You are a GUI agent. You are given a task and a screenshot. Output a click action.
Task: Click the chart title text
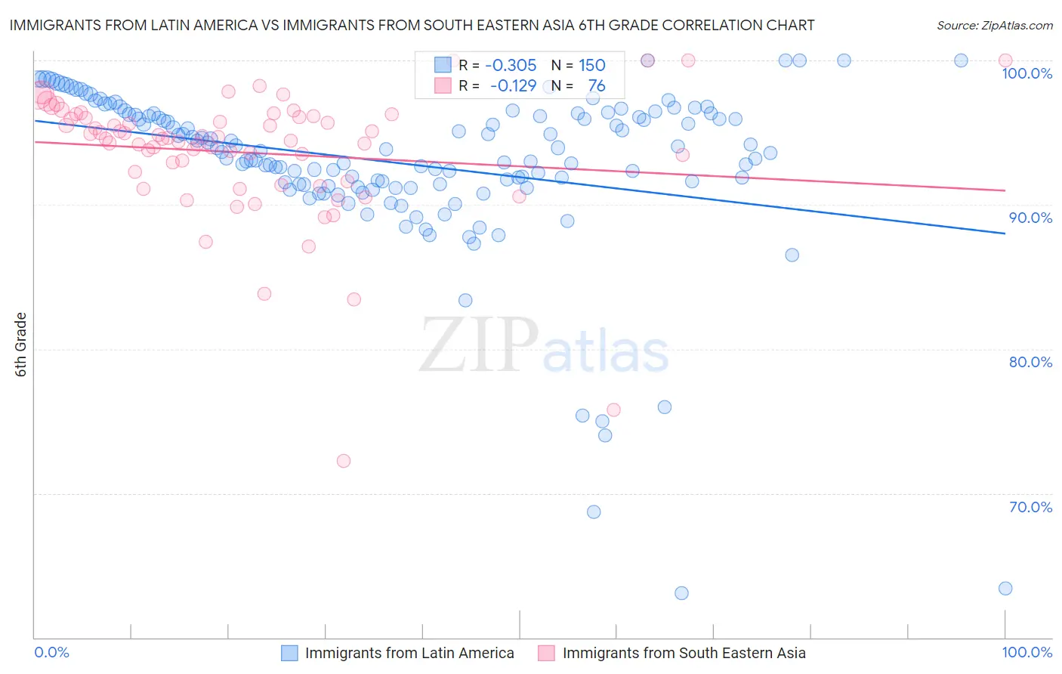(412, 25)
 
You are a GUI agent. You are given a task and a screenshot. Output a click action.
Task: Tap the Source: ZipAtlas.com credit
(994, 25)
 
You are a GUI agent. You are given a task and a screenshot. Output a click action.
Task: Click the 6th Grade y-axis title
(20, 345)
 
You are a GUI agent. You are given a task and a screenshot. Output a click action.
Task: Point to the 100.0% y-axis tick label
(1026, 73)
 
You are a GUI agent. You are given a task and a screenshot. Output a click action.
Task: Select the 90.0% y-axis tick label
(1030, 218)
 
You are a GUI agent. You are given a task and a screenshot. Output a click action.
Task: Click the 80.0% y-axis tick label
(1030, 362)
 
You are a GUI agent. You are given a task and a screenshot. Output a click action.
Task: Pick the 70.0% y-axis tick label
(1030, 507)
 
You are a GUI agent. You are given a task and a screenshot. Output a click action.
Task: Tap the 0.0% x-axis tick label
(51, 653)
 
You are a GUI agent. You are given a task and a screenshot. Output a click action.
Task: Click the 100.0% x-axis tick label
(1026, 653)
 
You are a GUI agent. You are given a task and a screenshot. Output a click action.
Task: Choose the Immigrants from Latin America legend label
(409, 654)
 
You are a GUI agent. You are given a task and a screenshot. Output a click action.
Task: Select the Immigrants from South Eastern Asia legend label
(684, 654)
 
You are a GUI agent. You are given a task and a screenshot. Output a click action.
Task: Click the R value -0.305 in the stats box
(511, 66)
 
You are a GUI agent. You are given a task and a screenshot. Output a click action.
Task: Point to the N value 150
(592, 66)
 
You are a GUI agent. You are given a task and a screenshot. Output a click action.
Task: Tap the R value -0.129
(513, 86)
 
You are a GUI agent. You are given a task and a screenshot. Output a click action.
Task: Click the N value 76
(597, 86)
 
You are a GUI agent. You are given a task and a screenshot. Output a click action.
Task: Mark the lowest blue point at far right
(1005, 589)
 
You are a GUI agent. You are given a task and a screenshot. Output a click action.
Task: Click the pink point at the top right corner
(1005, 60)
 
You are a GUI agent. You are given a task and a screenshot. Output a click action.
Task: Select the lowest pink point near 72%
(344, 461)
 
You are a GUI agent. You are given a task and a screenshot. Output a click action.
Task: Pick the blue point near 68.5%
(594, 512)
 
